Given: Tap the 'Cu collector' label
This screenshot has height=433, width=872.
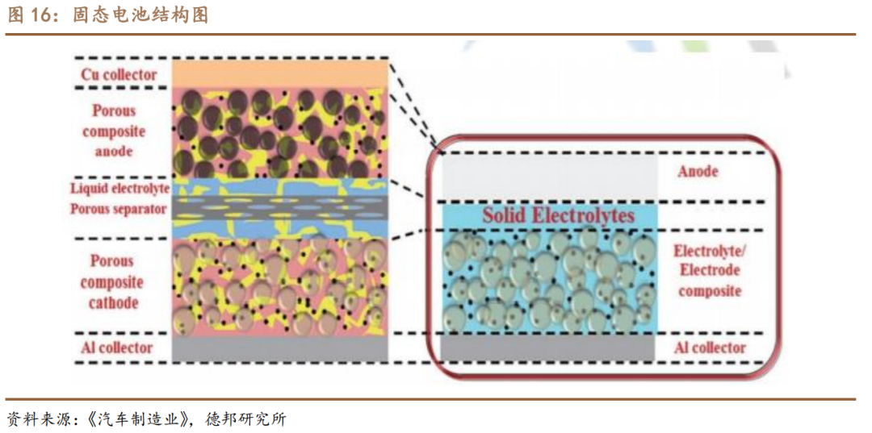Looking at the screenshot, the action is (118, 75).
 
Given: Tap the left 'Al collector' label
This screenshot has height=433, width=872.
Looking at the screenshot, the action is (116, 348).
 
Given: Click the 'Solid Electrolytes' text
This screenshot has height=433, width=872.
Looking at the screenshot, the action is (559, 215).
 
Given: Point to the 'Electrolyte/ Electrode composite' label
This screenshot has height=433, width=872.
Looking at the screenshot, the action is (710, 270).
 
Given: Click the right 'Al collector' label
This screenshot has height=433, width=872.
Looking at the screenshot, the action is (710, 348).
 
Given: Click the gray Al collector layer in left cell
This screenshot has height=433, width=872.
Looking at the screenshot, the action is (280, 348).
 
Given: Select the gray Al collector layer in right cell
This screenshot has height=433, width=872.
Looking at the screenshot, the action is (549, 348).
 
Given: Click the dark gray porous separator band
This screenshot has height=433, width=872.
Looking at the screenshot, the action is (280, 209).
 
